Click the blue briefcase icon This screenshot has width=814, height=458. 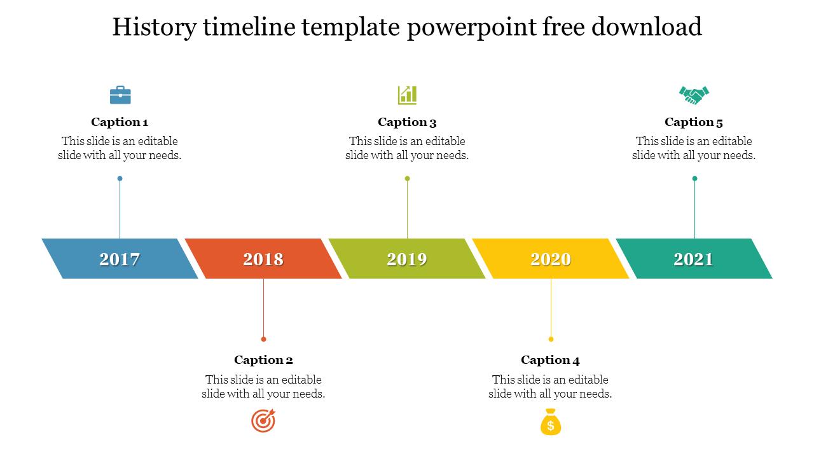120,95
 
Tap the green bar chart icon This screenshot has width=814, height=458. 407,95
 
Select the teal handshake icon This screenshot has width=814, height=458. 694,95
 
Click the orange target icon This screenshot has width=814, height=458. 263,421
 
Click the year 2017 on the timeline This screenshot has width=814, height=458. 120,259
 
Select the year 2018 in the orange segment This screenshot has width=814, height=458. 263,259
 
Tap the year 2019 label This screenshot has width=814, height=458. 407,259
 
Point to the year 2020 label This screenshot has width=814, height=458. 551,259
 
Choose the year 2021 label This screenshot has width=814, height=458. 694,259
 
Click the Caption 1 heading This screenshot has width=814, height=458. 120,122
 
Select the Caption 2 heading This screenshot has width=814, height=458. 263,360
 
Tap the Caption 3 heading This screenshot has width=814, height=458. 407,122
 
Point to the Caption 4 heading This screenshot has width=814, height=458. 550,360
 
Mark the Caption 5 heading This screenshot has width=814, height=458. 694,122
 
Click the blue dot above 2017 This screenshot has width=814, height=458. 120,179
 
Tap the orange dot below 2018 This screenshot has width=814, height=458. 263,339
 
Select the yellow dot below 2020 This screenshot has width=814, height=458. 551,339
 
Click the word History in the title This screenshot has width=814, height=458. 153,27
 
